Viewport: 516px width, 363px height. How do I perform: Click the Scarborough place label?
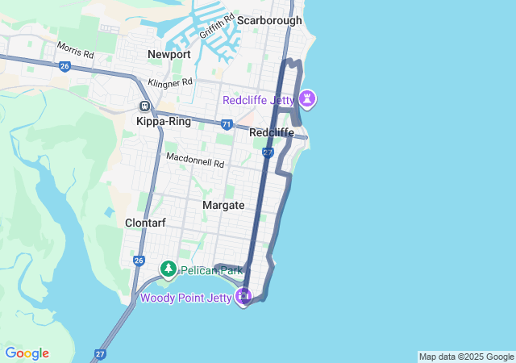coord(268,20)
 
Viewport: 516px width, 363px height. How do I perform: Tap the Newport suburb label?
coord(169,54)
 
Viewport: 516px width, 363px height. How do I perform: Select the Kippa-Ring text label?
coord(164,122)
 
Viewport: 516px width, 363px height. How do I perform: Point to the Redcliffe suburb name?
coord(272,132)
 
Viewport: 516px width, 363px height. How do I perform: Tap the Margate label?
coord(223,206)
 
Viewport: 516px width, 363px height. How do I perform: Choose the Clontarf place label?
coord(145,223)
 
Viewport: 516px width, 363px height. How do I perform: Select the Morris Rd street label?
coord(76,50)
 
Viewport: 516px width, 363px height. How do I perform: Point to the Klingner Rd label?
coord(169,82)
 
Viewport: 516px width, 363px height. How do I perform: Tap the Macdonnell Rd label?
coord(195,161)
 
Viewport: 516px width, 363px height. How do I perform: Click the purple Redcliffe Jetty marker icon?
coord(307,99)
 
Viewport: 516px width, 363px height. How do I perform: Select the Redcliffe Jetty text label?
coord(259,100)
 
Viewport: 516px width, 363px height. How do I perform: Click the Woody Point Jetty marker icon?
coord(244,298)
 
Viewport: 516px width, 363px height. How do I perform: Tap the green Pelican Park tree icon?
coord(169,269)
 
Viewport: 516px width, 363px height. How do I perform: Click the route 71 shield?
coord(227,124)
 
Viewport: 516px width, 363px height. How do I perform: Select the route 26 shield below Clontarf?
coord(139,261)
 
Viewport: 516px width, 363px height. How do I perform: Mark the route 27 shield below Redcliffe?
coord(268,152)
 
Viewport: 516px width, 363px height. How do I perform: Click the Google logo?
coord(27,353)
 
